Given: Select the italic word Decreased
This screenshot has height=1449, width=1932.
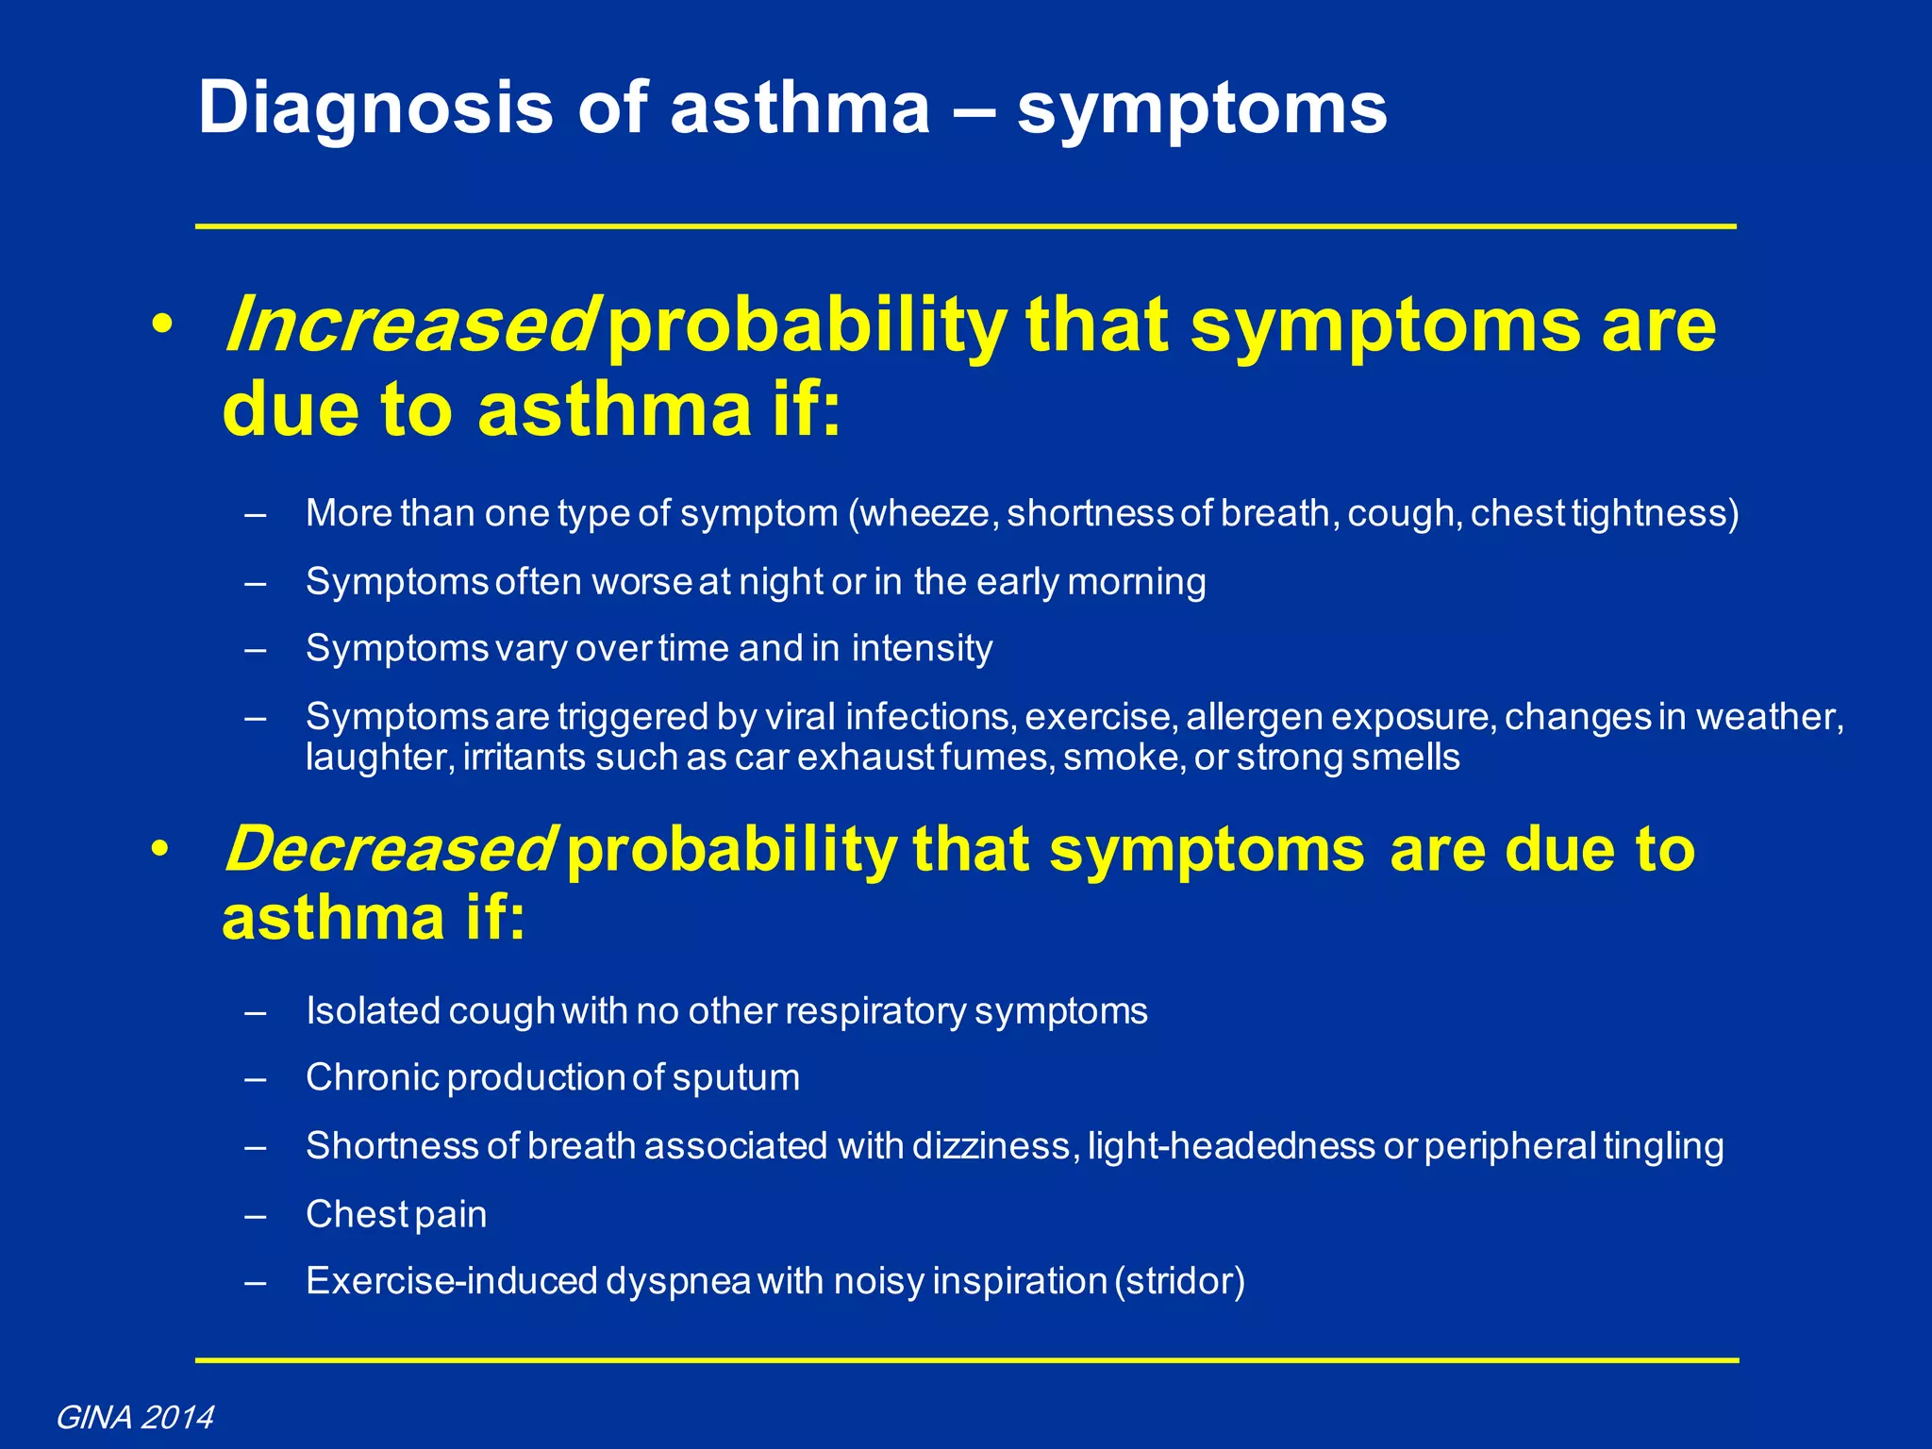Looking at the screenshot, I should [388, 849].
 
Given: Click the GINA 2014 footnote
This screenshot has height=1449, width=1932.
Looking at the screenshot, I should [135, 1417].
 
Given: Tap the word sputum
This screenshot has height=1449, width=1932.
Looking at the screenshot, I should [736, 1078].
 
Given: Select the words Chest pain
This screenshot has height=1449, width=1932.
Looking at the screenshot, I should [396, 1214].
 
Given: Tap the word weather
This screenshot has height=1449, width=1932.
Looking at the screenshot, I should [1769, 717].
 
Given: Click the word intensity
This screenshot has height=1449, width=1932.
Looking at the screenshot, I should [922, 649].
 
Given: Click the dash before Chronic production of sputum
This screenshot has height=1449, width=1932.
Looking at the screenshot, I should [255, 1078].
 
